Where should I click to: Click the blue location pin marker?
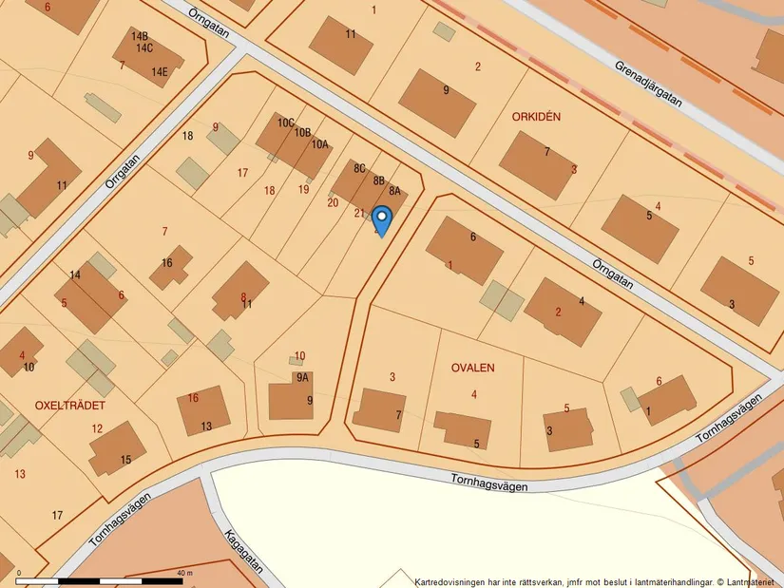coord(381,220)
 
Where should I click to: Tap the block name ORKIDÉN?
coord(536,117)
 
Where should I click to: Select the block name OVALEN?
coord(473,367)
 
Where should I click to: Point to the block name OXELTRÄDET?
coord(69,405)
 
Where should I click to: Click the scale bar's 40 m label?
coord(184,574)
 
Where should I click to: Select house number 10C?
coord(286,123)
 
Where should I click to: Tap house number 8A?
coord(394,190)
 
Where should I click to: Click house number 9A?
coord(302,377)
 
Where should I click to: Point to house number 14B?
coord(140,35)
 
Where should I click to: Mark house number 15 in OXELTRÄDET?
coord(126,460)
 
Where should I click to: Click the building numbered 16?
coord(167,263)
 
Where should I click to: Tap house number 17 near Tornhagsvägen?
coord(57,515)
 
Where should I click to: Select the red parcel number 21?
coord(359,213)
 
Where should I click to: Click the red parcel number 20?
coord(333,201)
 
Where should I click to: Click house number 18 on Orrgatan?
coord(188,136)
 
